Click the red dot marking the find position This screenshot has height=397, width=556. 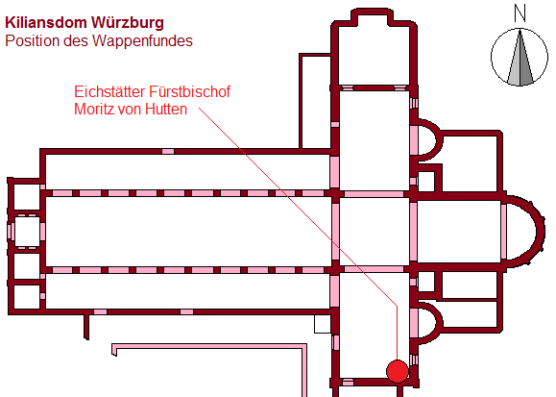click(398, 371)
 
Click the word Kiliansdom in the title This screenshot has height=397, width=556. click(46, 23)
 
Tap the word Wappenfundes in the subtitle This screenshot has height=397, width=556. click(142, 41)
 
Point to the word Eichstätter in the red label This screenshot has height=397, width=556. click(109, 91)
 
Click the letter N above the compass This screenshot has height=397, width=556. click(520, 13)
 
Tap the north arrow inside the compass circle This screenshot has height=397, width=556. click(520, 59)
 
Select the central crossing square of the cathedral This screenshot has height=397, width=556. click(375, 232)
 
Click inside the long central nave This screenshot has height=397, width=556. click(188, 232)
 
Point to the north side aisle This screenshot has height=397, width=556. click(188, 172)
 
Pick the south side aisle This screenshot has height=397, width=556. click(188, 291)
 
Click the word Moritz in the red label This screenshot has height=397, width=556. click(93, 109)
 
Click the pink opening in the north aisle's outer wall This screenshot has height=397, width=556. click(168, 152)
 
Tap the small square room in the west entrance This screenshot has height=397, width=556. click(27, 232)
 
